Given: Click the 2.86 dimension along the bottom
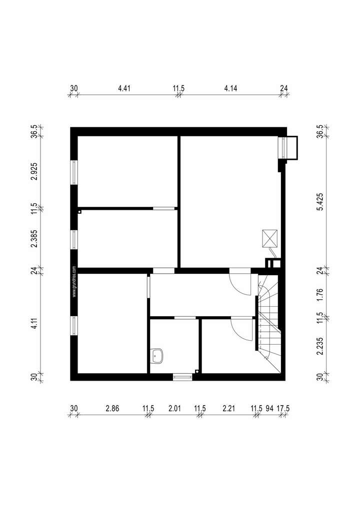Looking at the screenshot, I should tap(112, 409).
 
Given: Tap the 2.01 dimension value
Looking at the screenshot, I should tap(174, 409).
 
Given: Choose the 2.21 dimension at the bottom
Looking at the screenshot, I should tap(228, 409).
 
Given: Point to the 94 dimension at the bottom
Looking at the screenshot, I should tap(270, 409).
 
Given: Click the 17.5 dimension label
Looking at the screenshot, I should tap(283, 409).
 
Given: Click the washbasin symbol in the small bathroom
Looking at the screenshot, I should tap(158, 356).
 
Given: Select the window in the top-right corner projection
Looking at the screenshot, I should tap(286, 147).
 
